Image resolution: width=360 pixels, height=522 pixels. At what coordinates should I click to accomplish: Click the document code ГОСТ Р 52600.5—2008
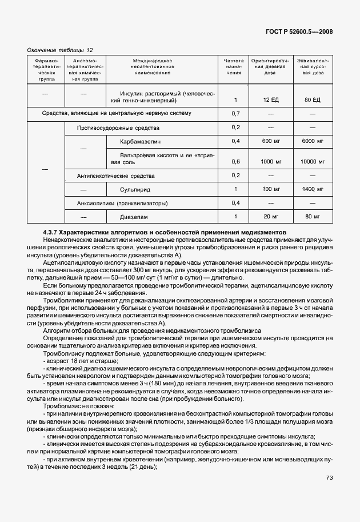pyautogui.click(x=299, y=32)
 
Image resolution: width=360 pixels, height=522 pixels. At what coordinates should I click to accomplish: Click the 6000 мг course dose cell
pyautogui.click(x=313, y=141)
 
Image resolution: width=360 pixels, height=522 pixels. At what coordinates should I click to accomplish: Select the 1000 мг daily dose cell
pyautogui.click(x=271, y=162)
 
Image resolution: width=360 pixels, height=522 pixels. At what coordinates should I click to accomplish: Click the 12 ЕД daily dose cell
pyautogui.click(x=271, y=100)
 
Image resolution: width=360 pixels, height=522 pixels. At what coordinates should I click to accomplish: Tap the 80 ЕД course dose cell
pyautogui.click(x=313, y=100)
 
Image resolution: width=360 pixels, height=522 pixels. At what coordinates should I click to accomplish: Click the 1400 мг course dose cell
pyautogui.click(x=313, y=189)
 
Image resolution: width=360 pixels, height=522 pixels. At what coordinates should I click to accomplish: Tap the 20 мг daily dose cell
pyautogui.click(x=271, y=217)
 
